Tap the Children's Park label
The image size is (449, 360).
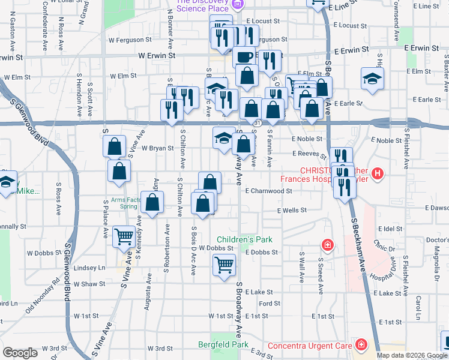tap(244, 239)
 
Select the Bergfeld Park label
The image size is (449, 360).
tap(223, 344)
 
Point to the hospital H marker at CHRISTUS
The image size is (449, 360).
tap(378, 175)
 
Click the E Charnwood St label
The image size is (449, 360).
tap(268, 191)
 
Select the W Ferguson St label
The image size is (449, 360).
tap(130, 40)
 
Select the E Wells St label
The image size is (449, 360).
tap(292, 211)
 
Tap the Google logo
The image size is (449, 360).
tap(20, 353)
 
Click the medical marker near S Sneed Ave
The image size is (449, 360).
tap(327, 245)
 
